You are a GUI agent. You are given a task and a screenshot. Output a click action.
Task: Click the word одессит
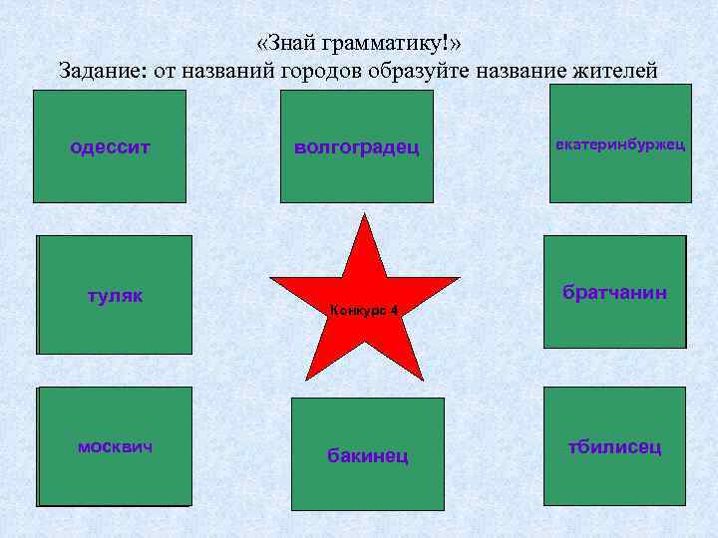[110, 147]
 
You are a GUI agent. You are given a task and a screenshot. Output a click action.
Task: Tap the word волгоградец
[357, 147]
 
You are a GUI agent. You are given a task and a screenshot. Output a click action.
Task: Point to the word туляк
[116, 296]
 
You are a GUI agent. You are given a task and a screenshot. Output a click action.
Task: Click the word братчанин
[614, 293]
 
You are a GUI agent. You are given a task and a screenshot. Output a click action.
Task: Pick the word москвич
[116, 446]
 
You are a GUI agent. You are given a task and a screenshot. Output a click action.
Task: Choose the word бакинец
[368, 456]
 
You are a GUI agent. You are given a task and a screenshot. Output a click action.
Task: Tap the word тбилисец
[614, 447]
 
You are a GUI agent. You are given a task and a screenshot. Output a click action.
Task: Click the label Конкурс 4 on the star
[364, 311]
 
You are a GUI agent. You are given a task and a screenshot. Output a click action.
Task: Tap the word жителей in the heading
[617, 71]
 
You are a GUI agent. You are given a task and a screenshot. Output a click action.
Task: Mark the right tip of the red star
[460, 278]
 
